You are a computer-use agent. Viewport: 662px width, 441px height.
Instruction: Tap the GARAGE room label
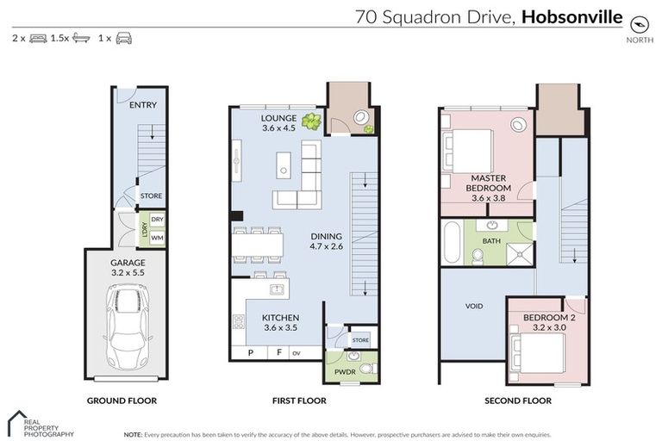click(127, 263)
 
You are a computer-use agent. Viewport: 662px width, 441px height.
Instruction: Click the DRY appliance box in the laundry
click(156, 220)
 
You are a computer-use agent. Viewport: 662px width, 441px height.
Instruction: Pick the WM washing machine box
click(156, 236)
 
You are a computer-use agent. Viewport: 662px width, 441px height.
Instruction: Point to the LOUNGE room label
click(279, 118)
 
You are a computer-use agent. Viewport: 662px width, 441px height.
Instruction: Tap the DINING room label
click(326, 236)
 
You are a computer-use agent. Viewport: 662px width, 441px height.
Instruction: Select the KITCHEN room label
click(279, 318)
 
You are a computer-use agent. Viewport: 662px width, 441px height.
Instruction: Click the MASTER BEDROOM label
click(488, 183)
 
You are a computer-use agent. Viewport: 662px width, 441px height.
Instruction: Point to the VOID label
click(473, 307)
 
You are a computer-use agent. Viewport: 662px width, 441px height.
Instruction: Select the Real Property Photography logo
click(39, 424)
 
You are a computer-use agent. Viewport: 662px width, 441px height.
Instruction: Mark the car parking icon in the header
click(124, 39)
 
